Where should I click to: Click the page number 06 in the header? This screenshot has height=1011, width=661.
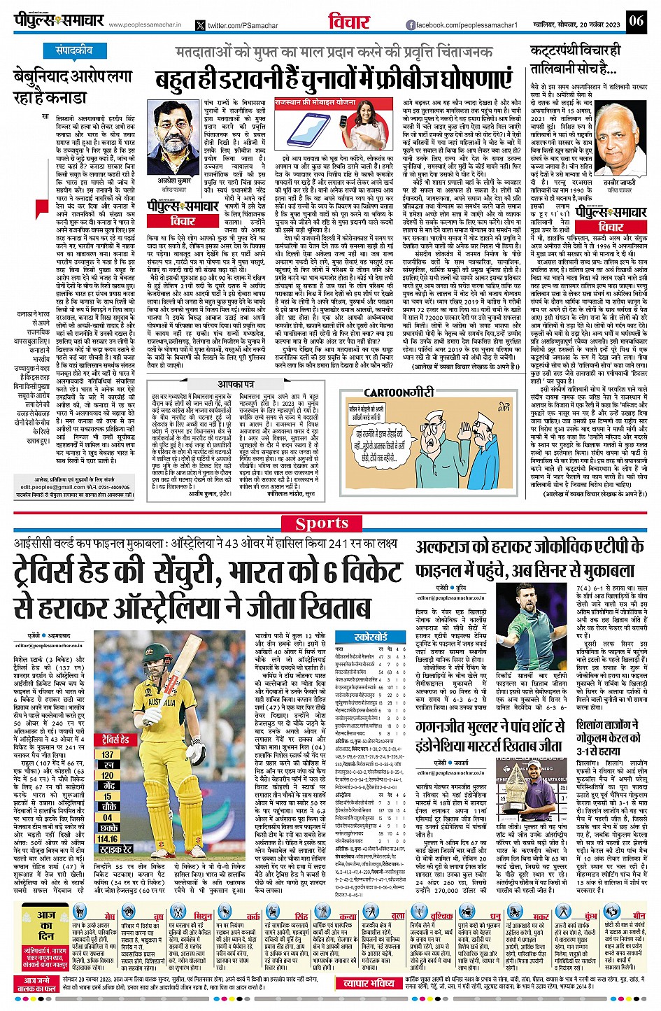(x=636, y=20)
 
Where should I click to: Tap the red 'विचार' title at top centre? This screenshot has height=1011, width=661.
(x=349, y=22)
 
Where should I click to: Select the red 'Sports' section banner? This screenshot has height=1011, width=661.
(x=322, y=523)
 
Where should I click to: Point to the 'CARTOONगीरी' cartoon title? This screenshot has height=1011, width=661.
(x=399, y=393)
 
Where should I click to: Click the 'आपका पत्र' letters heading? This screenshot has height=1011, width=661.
(x=236, y=384)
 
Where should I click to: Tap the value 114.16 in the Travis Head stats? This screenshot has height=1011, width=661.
(x=108, y=839)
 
